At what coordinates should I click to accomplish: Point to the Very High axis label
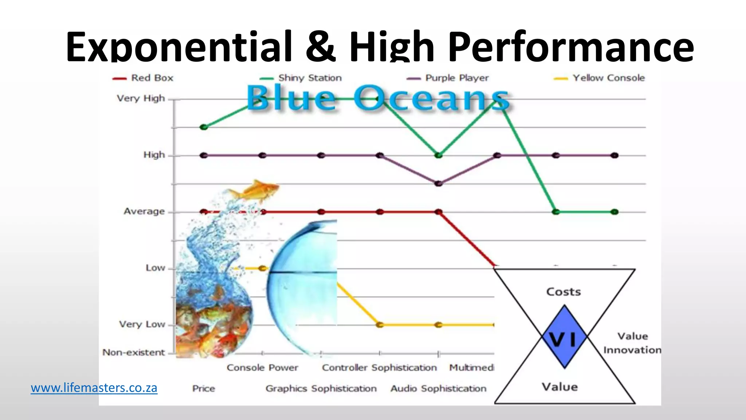(141, 98)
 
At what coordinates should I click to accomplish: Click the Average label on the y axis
(144, 211)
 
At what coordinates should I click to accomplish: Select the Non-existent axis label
(134, 353)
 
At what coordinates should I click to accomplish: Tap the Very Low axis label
(142, 324)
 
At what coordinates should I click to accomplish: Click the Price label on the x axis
(204, 389)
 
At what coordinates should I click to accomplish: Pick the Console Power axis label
(262, 367)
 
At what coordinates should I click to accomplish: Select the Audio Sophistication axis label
(439, 389)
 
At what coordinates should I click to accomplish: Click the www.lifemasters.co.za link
(94, 388)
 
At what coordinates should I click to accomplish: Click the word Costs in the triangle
(564, 292)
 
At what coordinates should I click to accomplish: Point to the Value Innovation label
(632, 343)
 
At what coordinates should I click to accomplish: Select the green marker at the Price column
(204, 127)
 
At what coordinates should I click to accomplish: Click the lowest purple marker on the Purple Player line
(439, 183)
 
